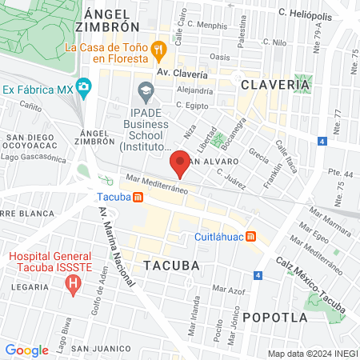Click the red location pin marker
tap(181, 163)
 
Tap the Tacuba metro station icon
tap(138, 197)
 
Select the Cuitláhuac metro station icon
tap(251, 236)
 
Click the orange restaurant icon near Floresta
tap(159, 48)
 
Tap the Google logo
tap(26, 350)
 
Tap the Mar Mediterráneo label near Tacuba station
tap(155, 184)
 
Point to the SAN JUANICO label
tap(100, 348)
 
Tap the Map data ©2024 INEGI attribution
tap(312, 353)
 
